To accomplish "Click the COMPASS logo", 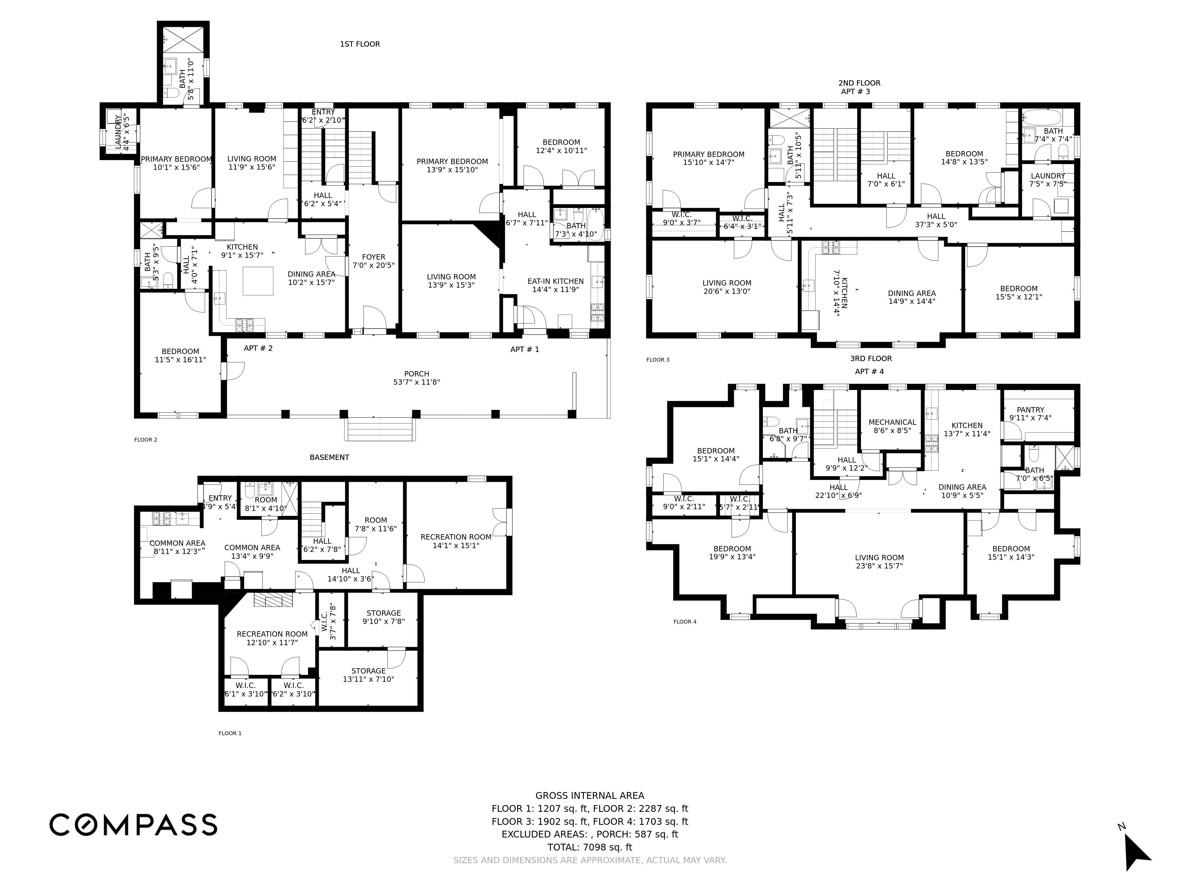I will [133, 824].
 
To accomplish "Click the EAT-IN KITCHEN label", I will [555, 281].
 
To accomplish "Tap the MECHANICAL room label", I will [892, 422].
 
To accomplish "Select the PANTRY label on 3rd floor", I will [1030, 410].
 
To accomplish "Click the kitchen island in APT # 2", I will [258, 281].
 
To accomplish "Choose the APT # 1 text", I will [525, 349].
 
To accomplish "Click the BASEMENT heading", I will [329, 457].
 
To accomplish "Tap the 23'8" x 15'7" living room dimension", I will [879, 566].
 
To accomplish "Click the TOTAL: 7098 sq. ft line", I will [589, 847].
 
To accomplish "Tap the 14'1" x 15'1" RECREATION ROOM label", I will [455, 537].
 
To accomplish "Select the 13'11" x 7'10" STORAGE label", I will [368, 671].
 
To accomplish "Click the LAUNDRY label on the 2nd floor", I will [1048, 176].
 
